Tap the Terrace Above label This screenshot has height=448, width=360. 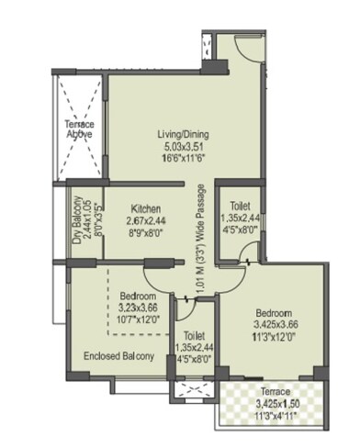click(x=80, y=129)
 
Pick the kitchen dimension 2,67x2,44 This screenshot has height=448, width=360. click(x=146, y=221)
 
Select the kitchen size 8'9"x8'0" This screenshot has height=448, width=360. click(x=146, y=233)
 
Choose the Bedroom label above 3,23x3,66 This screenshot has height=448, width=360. click(x=138, y=297)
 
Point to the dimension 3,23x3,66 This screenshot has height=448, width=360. click(x=139, y=308)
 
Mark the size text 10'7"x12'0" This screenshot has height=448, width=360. click(x=139, y=320)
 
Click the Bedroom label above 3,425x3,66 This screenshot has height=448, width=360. click(x=275, y=312)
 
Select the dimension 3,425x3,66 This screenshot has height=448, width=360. click(x=275, y=324)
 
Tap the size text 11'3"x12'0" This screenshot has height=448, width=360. click(x=275, y=336)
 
